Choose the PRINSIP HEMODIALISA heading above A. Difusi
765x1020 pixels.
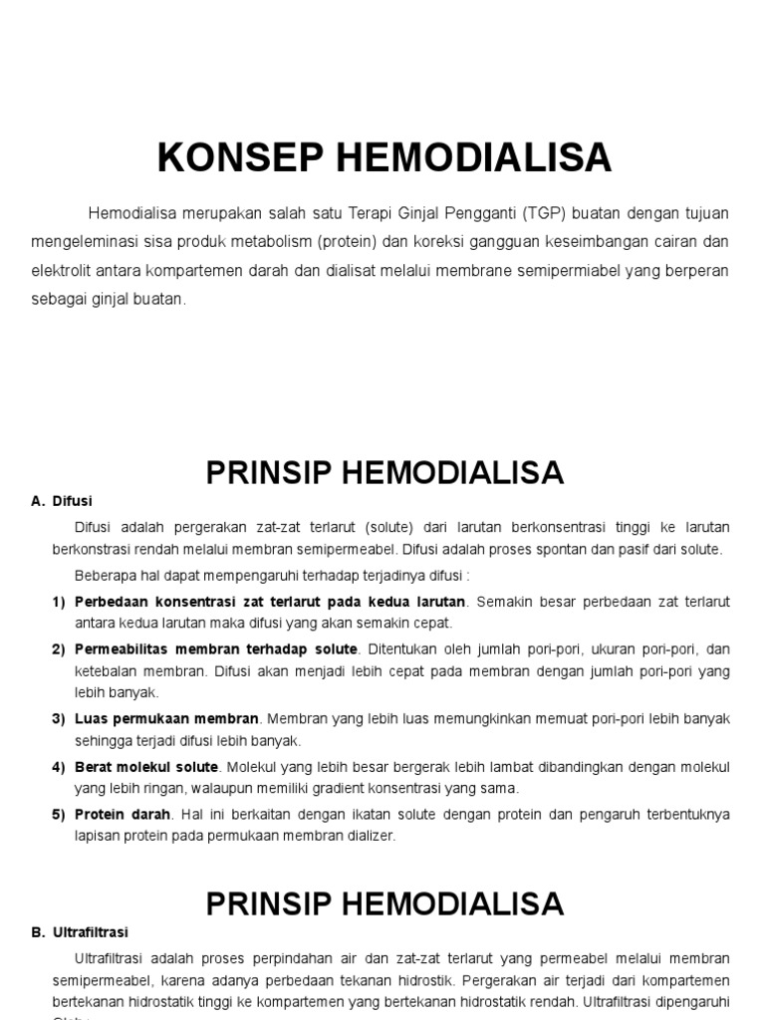pos(384,473)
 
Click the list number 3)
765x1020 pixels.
pos(58,718)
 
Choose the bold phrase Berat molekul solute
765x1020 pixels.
pos(146,766)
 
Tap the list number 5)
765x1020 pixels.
pos(58,814)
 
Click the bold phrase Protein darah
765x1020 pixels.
pos(123,814)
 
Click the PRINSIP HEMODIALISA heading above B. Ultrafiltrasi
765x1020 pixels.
pos(384,903)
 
